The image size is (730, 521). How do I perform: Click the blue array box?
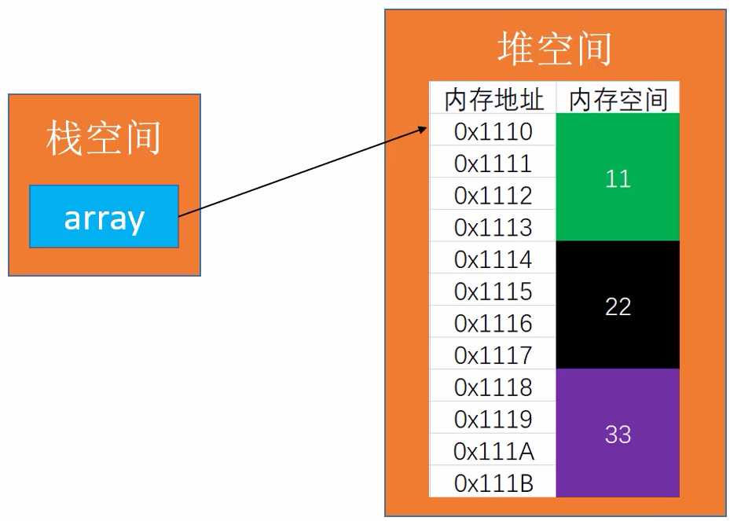(104, 217)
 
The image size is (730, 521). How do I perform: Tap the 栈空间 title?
(104, 138)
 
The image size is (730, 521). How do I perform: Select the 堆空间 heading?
(555, 50)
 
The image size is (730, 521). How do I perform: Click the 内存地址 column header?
(493, 100)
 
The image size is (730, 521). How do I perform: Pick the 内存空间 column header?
(618, 100)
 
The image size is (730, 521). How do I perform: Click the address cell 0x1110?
(493, 131)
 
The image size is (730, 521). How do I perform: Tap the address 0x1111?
(493, 163)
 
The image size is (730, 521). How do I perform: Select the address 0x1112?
(493, 196)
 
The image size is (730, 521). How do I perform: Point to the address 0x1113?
(493, 227)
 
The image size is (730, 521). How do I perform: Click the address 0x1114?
(493, 259)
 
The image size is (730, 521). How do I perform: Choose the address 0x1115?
(493, 292)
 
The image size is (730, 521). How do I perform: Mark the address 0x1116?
(493, 323)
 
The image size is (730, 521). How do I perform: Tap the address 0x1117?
(493, 355)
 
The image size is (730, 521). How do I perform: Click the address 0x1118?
(493, 387)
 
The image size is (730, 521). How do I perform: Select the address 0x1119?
(493, 419)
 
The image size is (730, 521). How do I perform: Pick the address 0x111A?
(493, 451)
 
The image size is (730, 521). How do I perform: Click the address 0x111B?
(493, 482)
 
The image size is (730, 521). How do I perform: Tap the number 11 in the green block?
(618, 178)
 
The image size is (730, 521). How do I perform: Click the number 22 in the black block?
(618, 306)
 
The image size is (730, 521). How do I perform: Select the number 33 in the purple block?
(618, 435)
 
